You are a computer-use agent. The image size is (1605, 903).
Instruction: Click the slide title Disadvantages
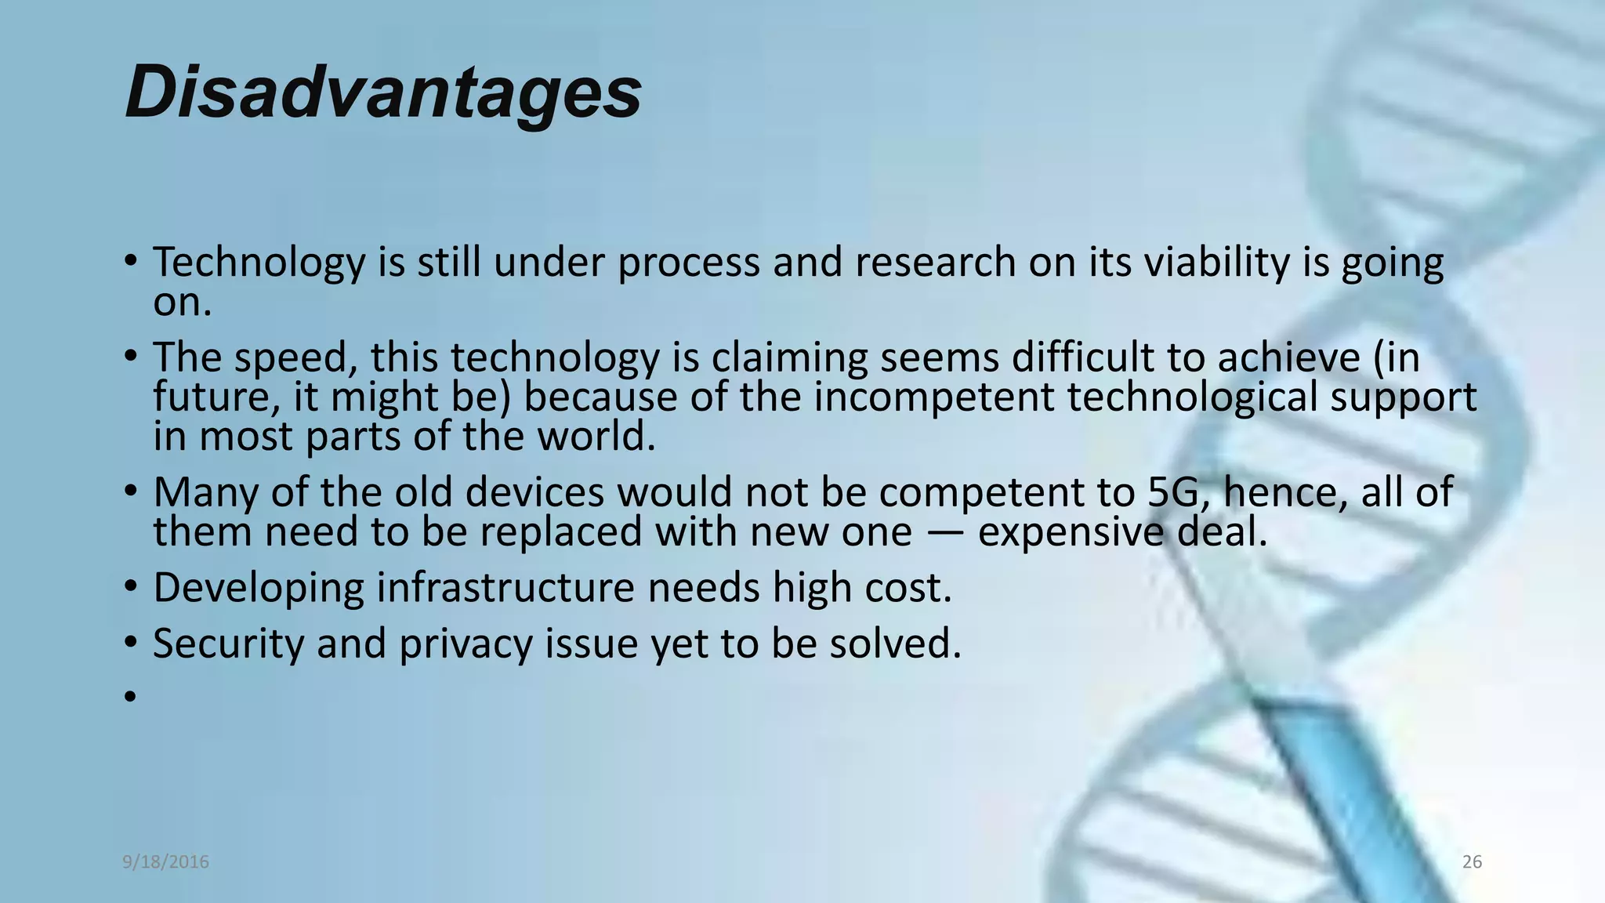[x=382, y=92]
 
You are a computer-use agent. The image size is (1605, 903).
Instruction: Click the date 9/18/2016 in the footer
[x=165, y=862]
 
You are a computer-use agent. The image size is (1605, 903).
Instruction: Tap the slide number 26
[x=1472, y=862]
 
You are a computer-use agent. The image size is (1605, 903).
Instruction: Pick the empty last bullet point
[x=130, y=695]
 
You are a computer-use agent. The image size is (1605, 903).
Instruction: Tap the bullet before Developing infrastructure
[x=130, y=587]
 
